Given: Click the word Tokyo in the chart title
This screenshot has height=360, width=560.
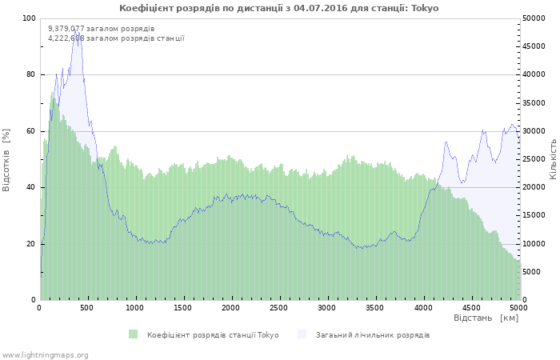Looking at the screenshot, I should pyautogui.click(x=425, y=8).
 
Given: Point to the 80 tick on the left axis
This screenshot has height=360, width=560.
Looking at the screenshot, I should pyautogui.click(x=31, y=74).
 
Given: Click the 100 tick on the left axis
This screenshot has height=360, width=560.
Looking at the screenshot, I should pyautogui.click(x=29, y=18).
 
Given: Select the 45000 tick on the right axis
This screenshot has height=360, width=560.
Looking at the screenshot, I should pyautogui.click(x=533, y=46).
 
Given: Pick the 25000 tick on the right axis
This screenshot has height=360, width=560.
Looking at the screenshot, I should pyautogui.click(x=533, y=159).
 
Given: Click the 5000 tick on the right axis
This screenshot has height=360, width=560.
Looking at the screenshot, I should pyautogui.click(x=530, y=272).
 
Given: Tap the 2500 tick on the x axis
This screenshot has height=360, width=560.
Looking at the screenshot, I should pyautogui.click(x=278, y=308).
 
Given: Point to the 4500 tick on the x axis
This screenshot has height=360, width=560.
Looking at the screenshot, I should pyautogui.click(x=470, y=308).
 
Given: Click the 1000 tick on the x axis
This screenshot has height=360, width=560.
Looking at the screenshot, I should pyautogui.click(x=135, y=308).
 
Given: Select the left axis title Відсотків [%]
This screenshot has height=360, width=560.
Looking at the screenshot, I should pyautogui.click(x=6, y=158).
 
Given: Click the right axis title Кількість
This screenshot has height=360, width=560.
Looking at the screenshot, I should pyautogui.click(x=553, y=158).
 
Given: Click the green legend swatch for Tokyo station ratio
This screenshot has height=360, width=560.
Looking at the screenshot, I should pyautogui.click(x=133, y=334).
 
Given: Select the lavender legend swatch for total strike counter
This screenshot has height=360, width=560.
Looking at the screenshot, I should pyautogui.click(x=302, y=334).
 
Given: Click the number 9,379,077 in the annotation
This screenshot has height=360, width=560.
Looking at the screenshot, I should pyautogui.click(x=66, y=28).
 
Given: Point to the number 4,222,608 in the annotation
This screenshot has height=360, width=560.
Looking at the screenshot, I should pyautogui.click(x=66, y=38).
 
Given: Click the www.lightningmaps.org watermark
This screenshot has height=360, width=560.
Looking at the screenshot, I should pyautogui.click(x=45, y=354).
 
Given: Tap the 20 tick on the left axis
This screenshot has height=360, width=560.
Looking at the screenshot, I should pyautogui.click(x=31, y=244).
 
